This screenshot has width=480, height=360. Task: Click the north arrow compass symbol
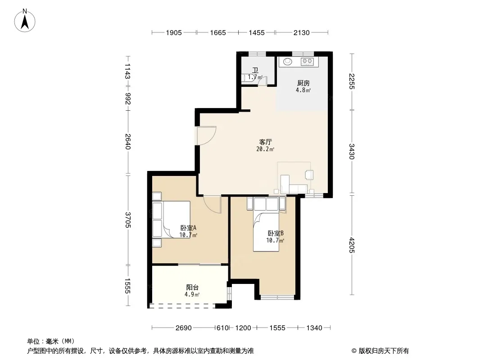click(x=25, y=21)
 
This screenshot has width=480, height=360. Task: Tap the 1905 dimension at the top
click(x=174, y=33)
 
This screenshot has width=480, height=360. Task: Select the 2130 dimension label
click(x=302, y=33)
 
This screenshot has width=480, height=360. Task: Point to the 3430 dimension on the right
click(x=351, y=151)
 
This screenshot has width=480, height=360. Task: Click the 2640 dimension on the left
click(x=128, y=142)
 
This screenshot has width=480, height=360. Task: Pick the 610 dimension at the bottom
click(x=222, y=328)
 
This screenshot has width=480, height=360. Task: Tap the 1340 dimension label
click(x=314, y=328)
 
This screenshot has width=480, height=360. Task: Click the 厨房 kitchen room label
click(x=303, y=83)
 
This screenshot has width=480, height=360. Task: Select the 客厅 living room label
click(x=265, y=142)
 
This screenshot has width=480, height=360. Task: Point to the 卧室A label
click(x=188, y=228)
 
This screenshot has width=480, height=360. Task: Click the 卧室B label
click(x=276, y=233)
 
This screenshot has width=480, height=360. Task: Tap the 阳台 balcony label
click(x=192, y=287)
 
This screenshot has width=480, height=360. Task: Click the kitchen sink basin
click(x=288, y=62)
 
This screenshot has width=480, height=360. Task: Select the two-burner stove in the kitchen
click(x=308, y=62)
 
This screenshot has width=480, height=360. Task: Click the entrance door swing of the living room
click(x=207, y=135)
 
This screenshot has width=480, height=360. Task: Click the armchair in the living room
click(x=309, y=175)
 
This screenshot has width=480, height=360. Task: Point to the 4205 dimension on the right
click(x=351, y=245)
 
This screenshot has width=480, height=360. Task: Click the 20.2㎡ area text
click(x=265, y=149)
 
